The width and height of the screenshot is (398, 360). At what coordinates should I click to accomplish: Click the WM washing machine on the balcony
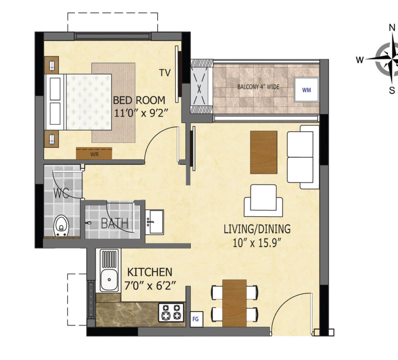pos(306,90)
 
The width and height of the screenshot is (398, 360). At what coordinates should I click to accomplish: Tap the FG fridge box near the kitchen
pos(196,319)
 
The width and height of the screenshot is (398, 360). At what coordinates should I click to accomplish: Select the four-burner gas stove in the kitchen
pos(171,312)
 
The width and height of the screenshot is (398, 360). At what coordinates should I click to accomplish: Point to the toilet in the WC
pos(61,226)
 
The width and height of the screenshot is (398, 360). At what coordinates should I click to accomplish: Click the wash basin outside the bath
pos(155,222)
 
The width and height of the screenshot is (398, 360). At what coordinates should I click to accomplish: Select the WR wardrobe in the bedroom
pos(94,153)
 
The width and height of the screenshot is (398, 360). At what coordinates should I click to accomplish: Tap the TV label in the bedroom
pos(165,73)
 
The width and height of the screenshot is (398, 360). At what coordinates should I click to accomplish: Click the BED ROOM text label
pos(139,100)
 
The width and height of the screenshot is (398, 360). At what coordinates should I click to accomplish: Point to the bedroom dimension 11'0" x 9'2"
pos(141,113)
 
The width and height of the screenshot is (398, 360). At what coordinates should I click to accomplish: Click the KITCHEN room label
pos(150,272)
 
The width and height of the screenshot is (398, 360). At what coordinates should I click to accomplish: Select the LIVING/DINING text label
pos(257,229)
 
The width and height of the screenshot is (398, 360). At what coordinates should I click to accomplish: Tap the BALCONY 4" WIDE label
pos(258,87)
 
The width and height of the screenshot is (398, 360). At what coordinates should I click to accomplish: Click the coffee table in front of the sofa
pos(264,152)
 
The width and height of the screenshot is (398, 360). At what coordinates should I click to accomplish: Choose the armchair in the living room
pos(264,201)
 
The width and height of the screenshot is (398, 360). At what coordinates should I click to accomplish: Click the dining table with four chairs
pos(234,303)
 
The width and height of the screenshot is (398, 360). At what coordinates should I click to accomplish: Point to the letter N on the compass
pos(392,28)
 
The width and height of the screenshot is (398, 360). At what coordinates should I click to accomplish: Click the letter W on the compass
pos(360,60)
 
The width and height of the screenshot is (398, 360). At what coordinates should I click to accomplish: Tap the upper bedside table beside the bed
pos(52,65)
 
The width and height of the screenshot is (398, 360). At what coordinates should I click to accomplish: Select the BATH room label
pos(115,224)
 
